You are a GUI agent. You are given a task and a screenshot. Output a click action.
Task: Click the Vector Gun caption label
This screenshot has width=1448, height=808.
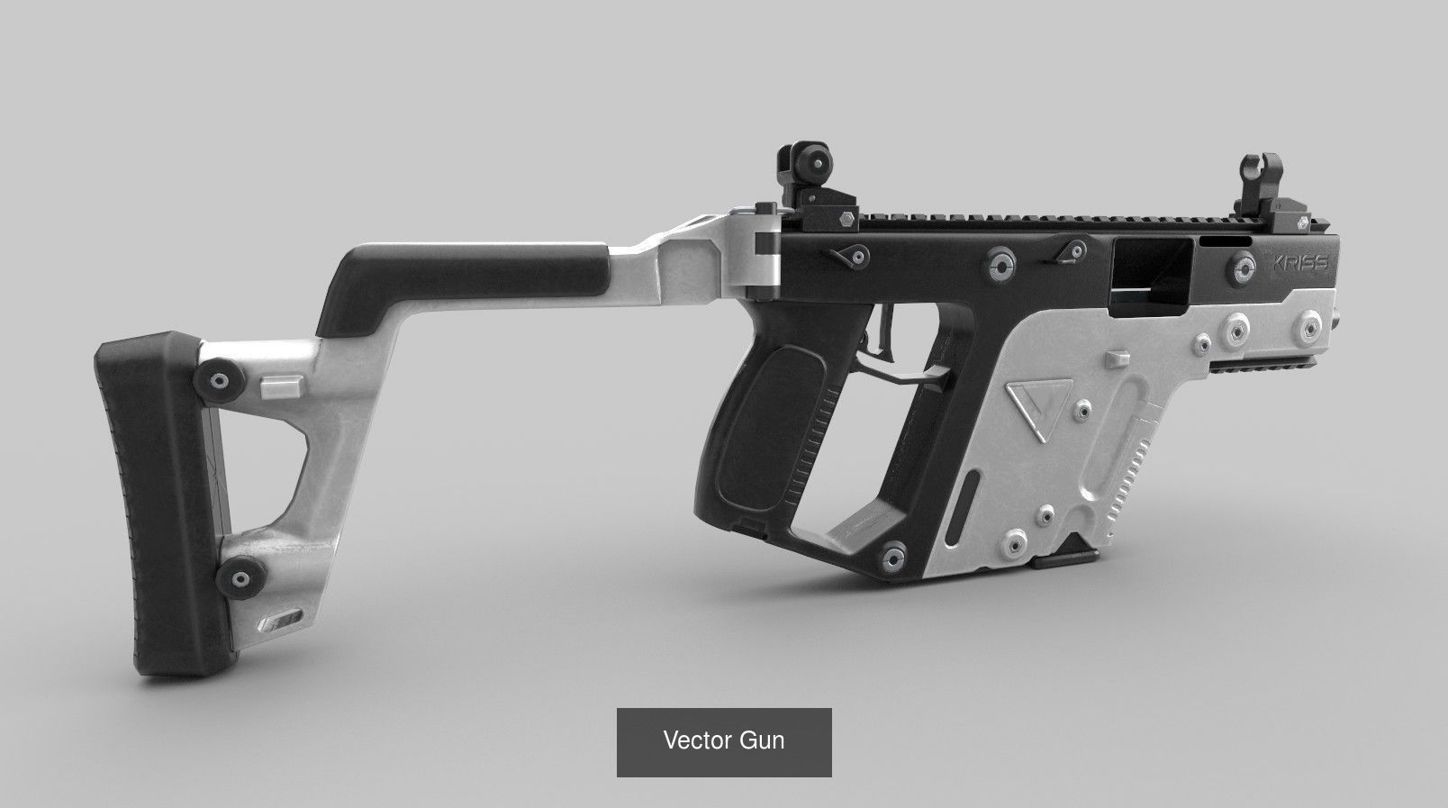click(724, 741)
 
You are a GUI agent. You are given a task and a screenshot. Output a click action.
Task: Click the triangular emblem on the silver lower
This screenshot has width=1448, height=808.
click(1033, 411)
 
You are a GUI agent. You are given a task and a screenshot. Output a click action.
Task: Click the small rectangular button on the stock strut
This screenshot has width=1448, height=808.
click(281, 386)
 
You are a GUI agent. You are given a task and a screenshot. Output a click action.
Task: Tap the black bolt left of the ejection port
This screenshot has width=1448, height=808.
click(998, 262)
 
